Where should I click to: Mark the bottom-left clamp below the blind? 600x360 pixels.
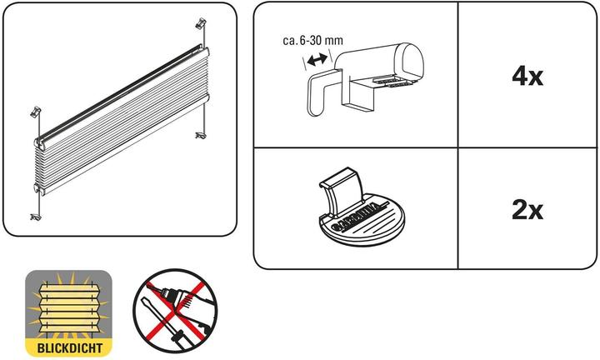pos(37,216)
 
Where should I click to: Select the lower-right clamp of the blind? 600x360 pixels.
pos(200,132)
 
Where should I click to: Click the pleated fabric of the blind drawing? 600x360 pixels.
pos(117,125)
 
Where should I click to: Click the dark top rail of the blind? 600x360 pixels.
pos(117,92)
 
